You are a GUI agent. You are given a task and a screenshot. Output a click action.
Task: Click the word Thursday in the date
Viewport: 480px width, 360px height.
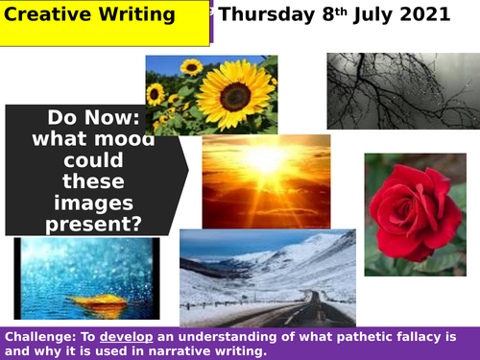[x=266, y=14]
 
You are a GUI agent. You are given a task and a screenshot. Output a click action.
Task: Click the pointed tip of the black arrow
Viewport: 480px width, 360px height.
[x=188, y=170]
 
